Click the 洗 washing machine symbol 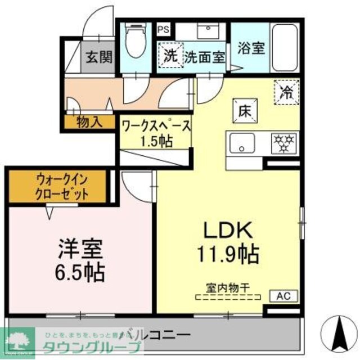click(x=170, y=56)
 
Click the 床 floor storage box click(x=244, y=110)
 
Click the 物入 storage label click(x=89, y=121)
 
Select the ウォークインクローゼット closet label click(x=62, y=187)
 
